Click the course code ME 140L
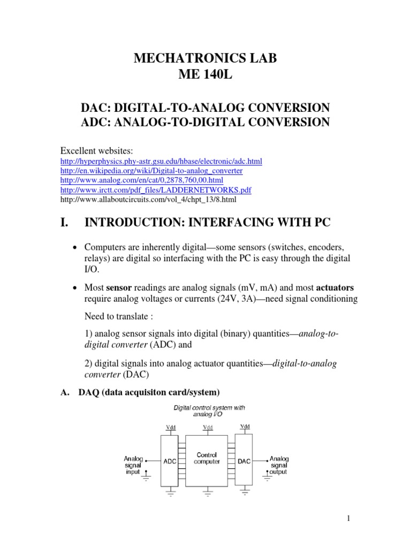[205, 78]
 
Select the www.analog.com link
[139, 180]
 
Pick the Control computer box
[207, 458]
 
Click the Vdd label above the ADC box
[171, 427]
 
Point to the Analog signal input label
[134, 465]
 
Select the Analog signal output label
[279, 465]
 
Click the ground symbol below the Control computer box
[208, 492]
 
